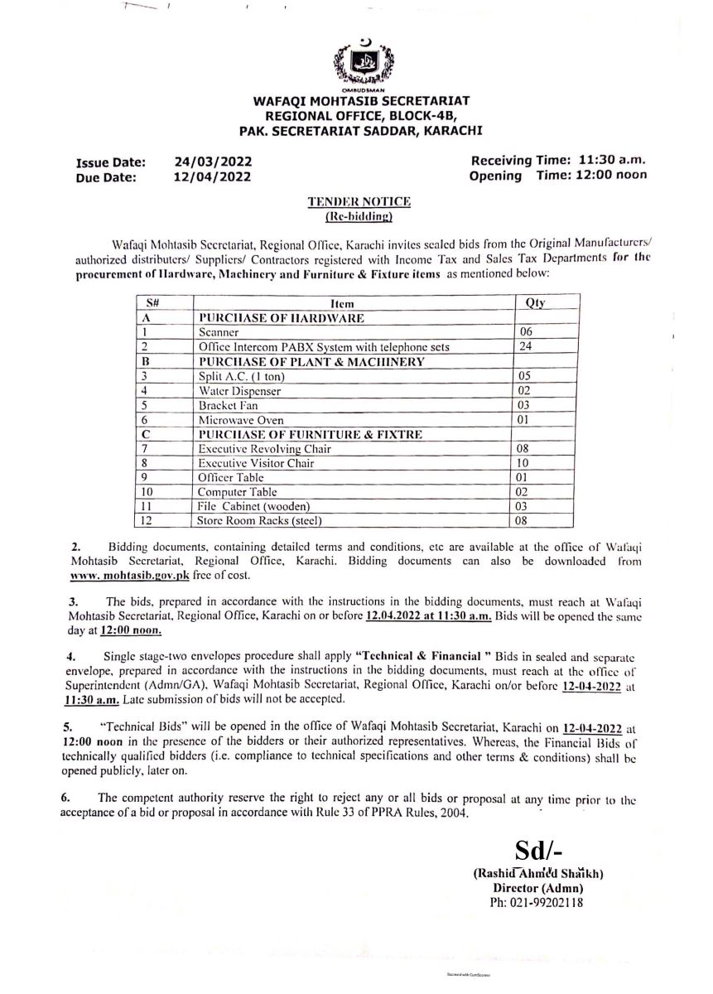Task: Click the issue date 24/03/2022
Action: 214,162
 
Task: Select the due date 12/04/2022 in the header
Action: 214,176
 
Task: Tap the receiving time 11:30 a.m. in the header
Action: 616,161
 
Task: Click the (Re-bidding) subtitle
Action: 359,217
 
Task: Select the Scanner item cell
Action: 219,331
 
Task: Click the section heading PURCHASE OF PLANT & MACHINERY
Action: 323,361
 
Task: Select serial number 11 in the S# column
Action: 146,506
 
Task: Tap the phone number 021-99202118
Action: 537,902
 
